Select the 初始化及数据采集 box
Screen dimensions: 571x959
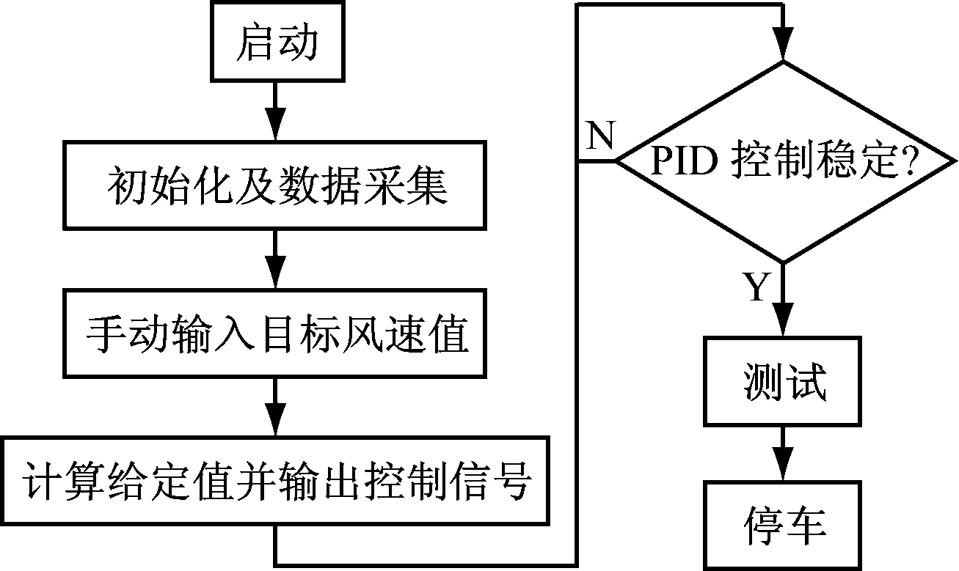(276, 184)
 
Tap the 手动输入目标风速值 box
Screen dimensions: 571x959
(276, 334)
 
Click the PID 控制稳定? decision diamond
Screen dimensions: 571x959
(783, 161)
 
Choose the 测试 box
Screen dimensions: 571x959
(783, 381)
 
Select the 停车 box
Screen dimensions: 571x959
(783, 524)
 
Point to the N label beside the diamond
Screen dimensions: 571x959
(601, 136)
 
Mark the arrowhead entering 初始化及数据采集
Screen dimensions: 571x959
(276, 125)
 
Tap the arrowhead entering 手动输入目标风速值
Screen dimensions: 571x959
(276, 273)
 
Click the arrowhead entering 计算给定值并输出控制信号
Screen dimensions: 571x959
(276, 421)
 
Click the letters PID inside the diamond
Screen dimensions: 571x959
(685, 161)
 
